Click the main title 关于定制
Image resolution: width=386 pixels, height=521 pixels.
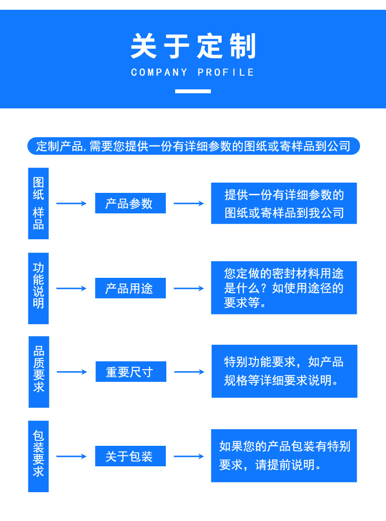click(193, 47)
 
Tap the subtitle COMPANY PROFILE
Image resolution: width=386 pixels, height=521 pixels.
click(193, 73)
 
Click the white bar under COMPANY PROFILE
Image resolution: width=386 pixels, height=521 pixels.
click(193, 91)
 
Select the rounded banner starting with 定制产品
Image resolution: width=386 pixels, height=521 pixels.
click(193, 146)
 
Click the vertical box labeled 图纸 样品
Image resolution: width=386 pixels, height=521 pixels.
click(38, 204)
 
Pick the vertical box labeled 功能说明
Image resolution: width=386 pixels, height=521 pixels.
click(38, 288)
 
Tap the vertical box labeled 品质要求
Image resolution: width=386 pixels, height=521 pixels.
click(39, 372)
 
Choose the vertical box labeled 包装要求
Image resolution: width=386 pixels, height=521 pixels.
click(38, 456)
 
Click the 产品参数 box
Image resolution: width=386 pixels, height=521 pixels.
click(130, 204)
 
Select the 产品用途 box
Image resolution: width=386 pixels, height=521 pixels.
click(130, 288)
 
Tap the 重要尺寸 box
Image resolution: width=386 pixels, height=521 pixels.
click(131, 372)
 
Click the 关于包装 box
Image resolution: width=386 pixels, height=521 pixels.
click(130, 457)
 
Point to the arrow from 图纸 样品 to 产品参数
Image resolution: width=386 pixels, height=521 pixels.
click(71, 203)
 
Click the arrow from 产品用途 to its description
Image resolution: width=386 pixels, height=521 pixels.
click(189, 289)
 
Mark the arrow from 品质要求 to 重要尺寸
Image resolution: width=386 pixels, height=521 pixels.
click(72, 372)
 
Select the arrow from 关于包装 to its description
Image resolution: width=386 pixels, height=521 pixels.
click(189, 457)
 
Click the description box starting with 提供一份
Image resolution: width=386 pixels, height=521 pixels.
click(284, 204)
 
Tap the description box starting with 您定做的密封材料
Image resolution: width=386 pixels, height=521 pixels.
click(284, 288)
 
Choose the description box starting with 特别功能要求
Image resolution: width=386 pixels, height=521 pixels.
click(284, 371)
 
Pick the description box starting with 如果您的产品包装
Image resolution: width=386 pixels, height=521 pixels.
click(284, 456)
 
